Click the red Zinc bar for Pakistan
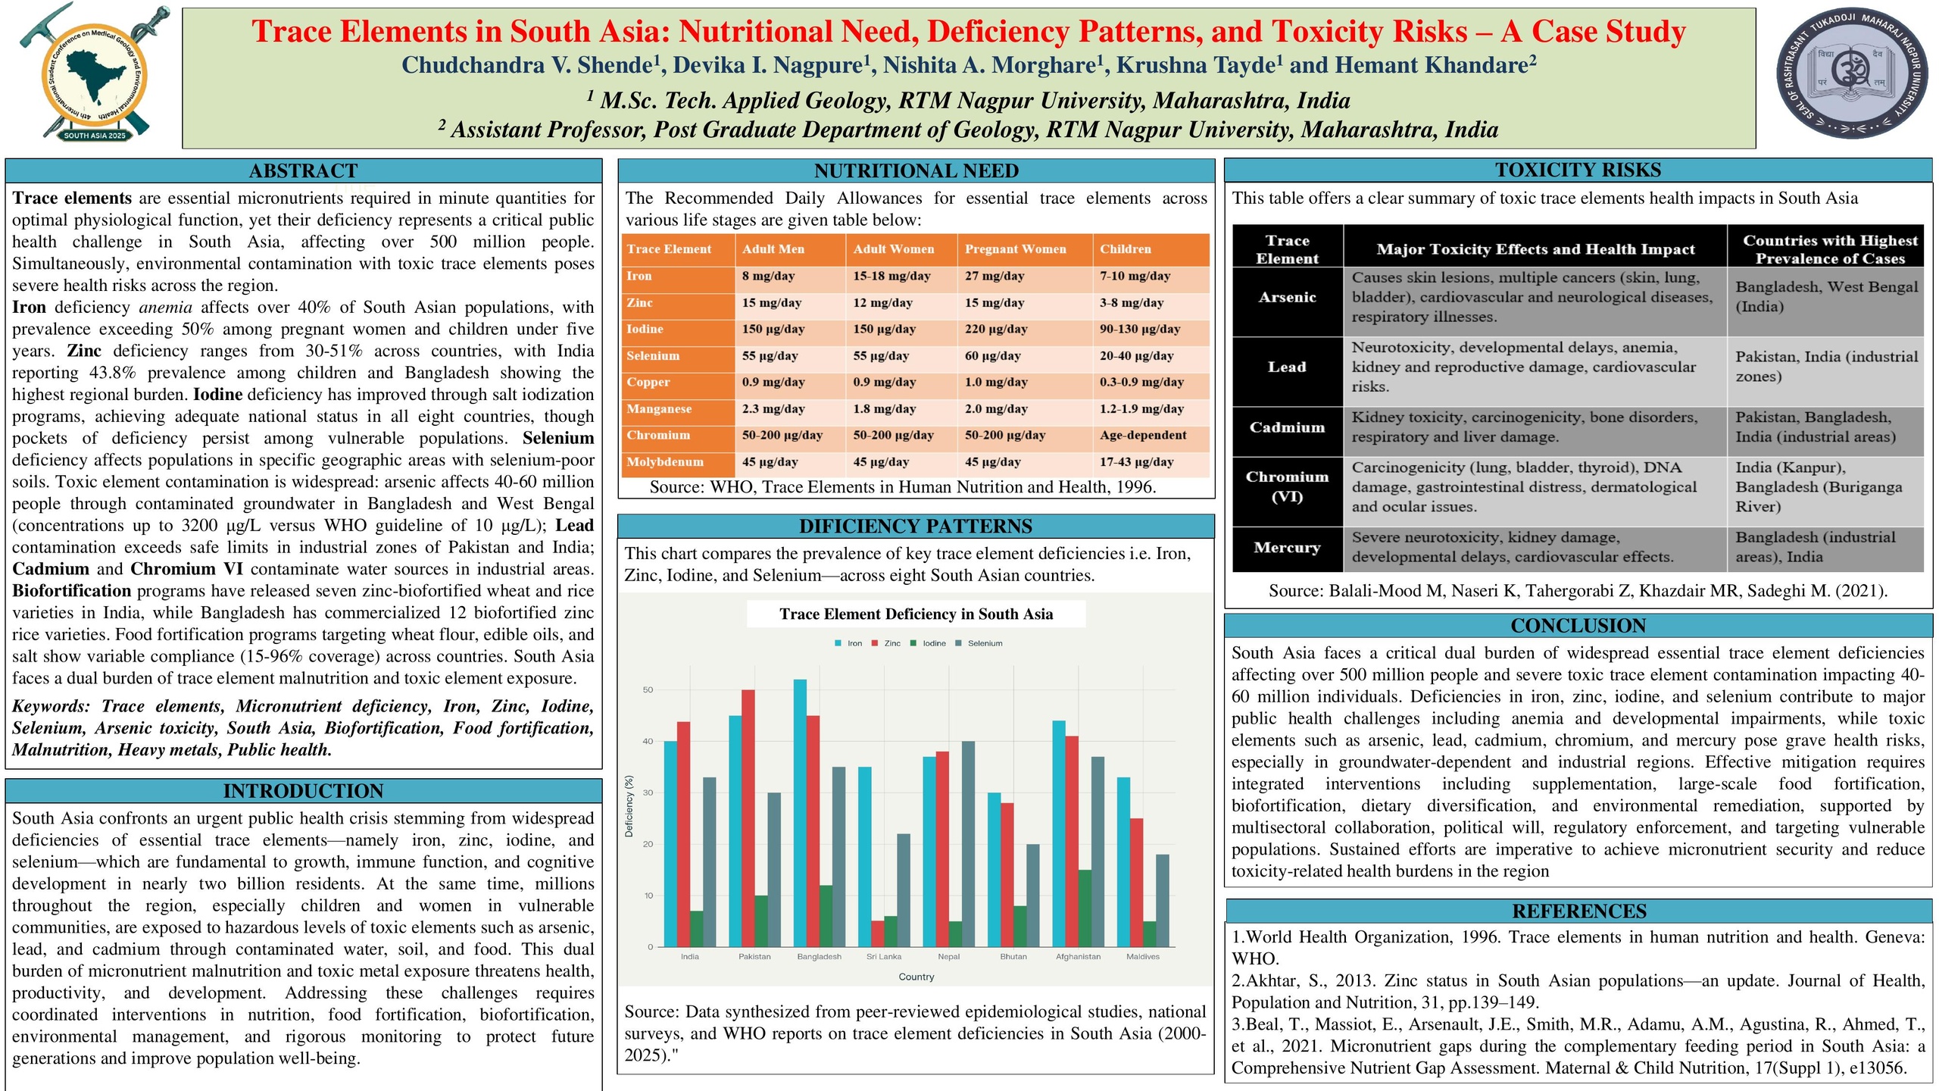tap(748, 818)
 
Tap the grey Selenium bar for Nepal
tap(968, 844)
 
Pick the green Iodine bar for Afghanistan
tap(1085, 908)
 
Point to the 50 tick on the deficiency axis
tap(648, 690)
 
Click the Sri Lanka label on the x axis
tap(884, 957)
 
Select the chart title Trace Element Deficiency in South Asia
tap(916, 614)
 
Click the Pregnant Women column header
tap(1015, 249)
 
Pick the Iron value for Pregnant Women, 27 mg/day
tap(994, 277)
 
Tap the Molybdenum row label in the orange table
tap(665, 462)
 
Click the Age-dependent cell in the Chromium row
tap(1143, 436)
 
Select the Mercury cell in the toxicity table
tap(1287, 548)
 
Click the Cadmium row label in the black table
tap(1287, 427)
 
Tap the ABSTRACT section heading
tap(303, 170)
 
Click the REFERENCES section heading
tap(1578, 911)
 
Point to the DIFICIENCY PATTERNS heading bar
tap(916, 526)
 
